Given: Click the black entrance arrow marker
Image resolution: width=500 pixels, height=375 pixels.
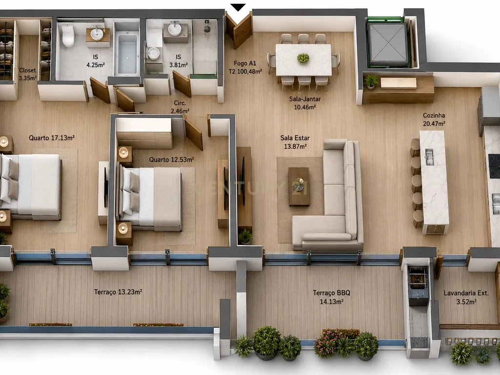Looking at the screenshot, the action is (x=238, y=7).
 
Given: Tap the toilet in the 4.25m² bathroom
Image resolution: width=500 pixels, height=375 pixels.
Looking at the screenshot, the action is (x=68, y=36).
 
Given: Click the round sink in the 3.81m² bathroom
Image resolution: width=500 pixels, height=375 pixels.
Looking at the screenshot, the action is (x=174, y=29).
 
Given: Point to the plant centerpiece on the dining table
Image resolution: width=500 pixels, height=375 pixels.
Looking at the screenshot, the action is (x=303, y=58).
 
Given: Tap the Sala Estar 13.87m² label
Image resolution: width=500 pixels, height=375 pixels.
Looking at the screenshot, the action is (x=295, y=142).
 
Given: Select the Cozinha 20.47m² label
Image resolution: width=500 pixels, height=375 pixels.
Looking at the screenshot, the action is (x=434, y=120).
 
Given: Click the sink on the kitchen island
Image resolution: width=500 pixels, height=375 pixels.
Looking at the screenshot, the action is (x=429, y=157).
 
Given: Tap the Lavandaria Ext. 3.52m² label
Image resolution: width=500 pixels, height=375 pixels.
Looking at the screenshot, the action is (x=466, y=297).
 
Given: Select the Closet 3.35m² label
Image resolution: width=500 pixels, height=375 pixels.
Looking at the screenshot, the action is (x=27, y=74).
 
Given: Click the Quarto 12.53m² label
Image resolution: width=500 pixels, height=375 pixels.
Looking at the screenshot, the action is (x=171, y=160).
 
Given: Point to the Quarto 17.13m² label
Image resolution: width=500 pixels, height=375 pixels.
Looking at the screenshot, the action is (x=52, y=138).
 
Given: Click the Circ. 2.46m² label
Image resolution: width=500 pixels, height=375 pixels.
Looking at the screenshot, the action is (x=180, y=107).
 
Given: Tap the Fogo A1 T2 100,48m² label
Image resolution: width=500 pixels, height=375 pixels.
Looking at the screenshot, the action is (x=245, y=67).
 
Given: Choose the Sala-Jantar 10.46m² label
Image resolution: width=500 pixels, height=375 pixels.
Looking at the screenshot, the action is (x=305, y=103).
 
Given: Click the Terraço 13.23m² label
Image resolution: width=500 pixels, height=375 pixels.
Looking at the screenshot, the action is (x=118, y=292).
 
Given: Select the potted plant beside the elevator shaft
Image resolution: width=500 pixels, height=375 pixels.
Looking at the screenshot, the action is (x=371, y=82).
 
